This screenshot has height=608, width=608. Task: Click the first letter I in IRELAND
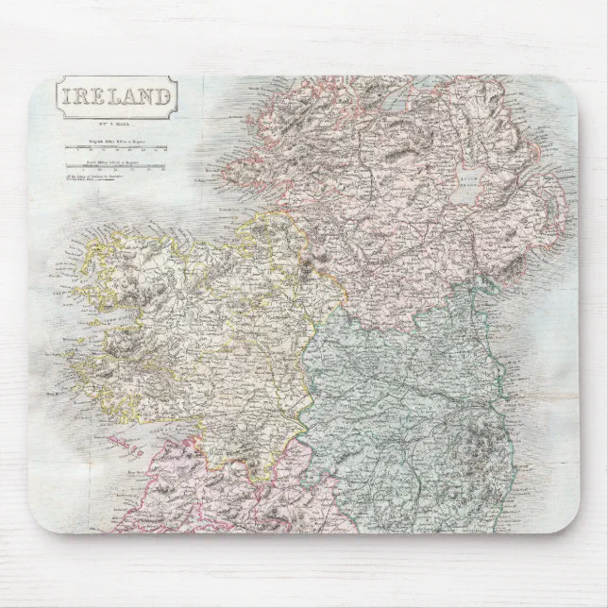coord(67,96)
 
